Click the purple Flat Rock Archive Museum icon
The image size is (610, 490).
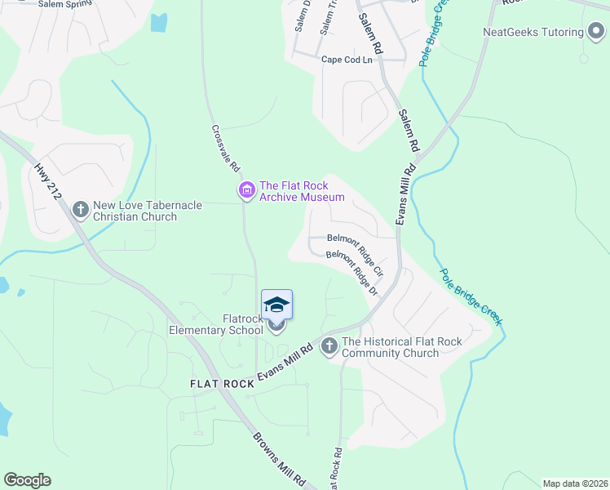coord(245,191)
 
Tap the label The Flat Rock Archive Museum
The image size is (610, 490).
coord(302,191)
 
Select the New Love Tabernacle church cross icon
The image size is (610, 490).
coord(80,210)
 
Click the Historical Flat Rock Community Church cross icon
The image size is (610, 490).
coord(329,346)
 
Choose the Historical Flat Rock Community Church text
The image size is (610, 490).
coord(401,347)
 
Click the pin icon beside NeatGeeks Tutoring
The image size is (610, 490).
coord(596,32)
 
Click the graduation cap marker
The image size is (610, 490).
coord(276,305)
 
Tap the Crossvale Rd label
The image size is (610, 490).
coord(225,148)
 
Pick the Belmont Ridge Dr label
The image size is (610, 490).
coord(352,273)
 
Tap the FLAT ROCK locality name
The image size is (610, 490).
coord(222,383)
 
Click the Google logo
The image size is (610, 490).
coord(27,480)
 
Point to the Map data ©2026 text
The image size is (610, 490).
coord(575,483)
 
